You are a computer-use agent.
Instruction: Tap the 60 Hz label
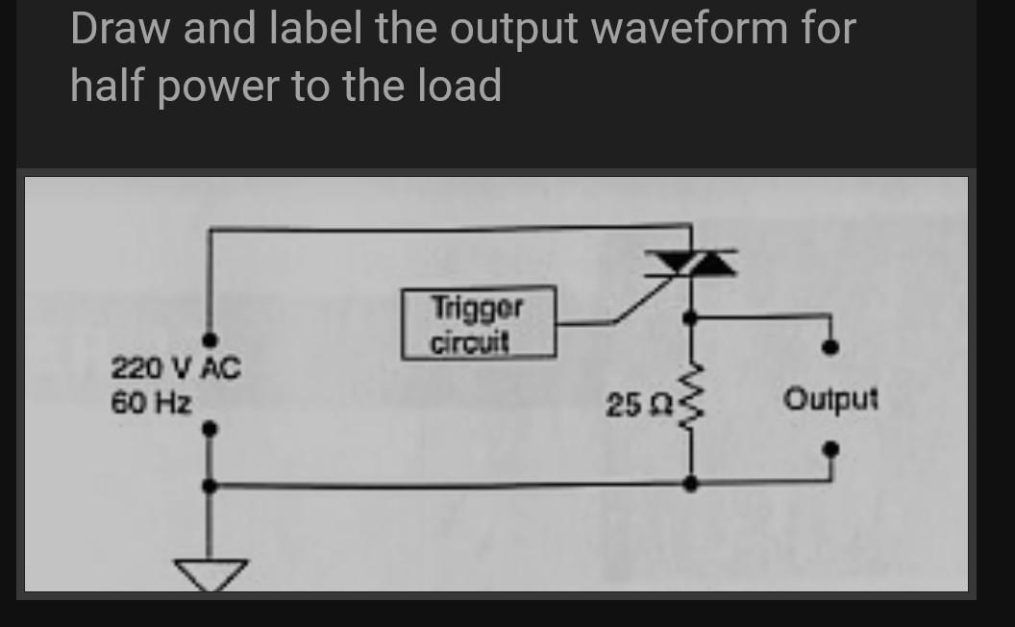click(x=151, y=400)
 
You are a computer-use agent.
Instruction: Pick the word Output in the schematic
click(x=830, y=398)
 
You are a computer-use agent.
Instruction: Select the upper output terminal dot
click(x=833, y=347)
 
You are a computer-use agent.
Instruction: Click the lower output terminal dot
click(x=833, y=448)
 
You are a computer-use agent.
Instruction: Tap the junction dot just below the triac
click(x=690, y=316)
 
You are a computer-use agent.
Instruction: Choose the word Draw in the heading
click(x=117, y=29)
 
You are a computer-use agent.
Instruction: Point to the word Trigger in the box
click(x=478, y=309)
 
